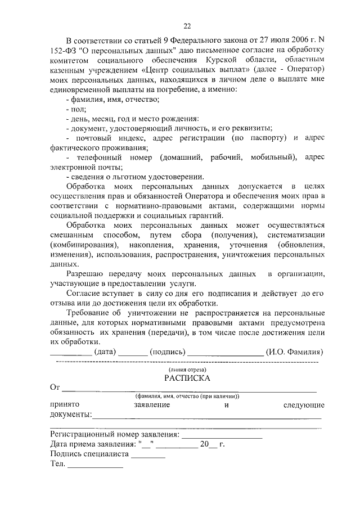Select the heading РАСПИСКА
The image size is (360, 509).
coord(187,379)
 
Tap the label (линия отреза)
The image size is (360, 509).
coord(187,370)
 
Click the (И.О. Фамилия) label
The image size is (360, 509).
coord(295,352)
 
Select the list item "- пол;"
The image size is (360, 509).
coord(75,110)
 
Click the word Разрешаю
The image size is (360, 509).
coord(85,274)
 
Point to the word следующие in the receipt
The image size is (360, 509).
coord(304,405)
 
